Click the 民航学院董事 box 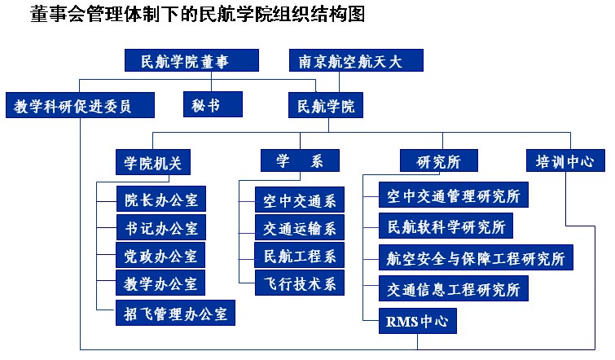(191, 61)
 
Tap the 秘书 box (212, 103)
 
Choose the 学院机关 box (153, 160)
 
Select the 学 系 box (300, 160)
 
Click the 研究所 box (438, 160)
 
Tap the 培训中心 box (564, 160)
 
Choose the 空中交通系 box (299, 199)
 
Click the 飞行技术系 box (299, 282)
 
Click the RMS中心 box (417, 320)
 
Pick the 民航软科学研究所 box (446, 226)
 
